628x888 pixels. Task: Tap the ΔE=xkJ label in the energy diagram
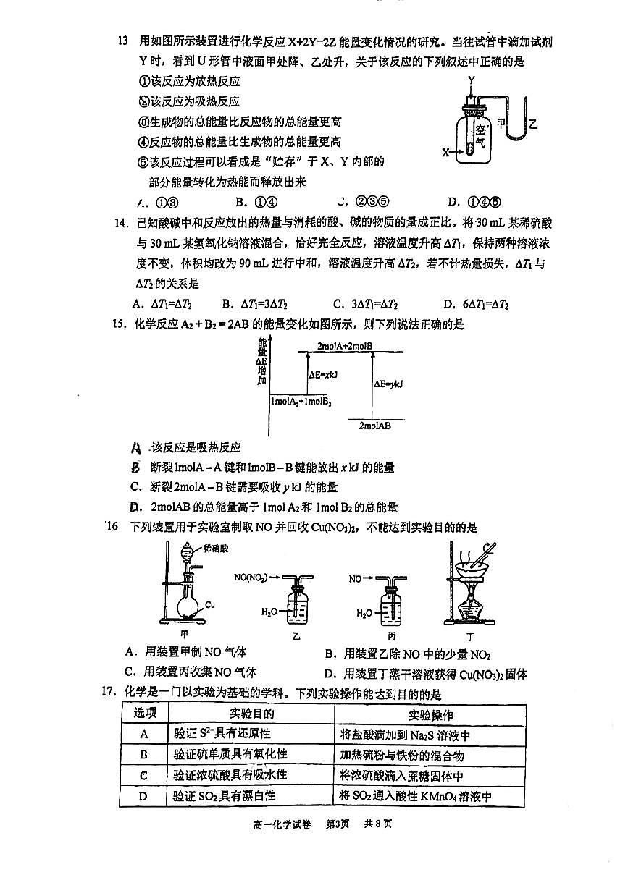[x=324, y=374]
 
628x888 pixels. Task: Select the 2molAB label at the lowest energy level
[x=374, y=426]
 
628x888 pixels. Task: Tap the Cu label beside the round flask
[x=210, y=604]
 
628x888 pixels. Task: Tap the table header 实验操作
[x=430, y=715]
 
